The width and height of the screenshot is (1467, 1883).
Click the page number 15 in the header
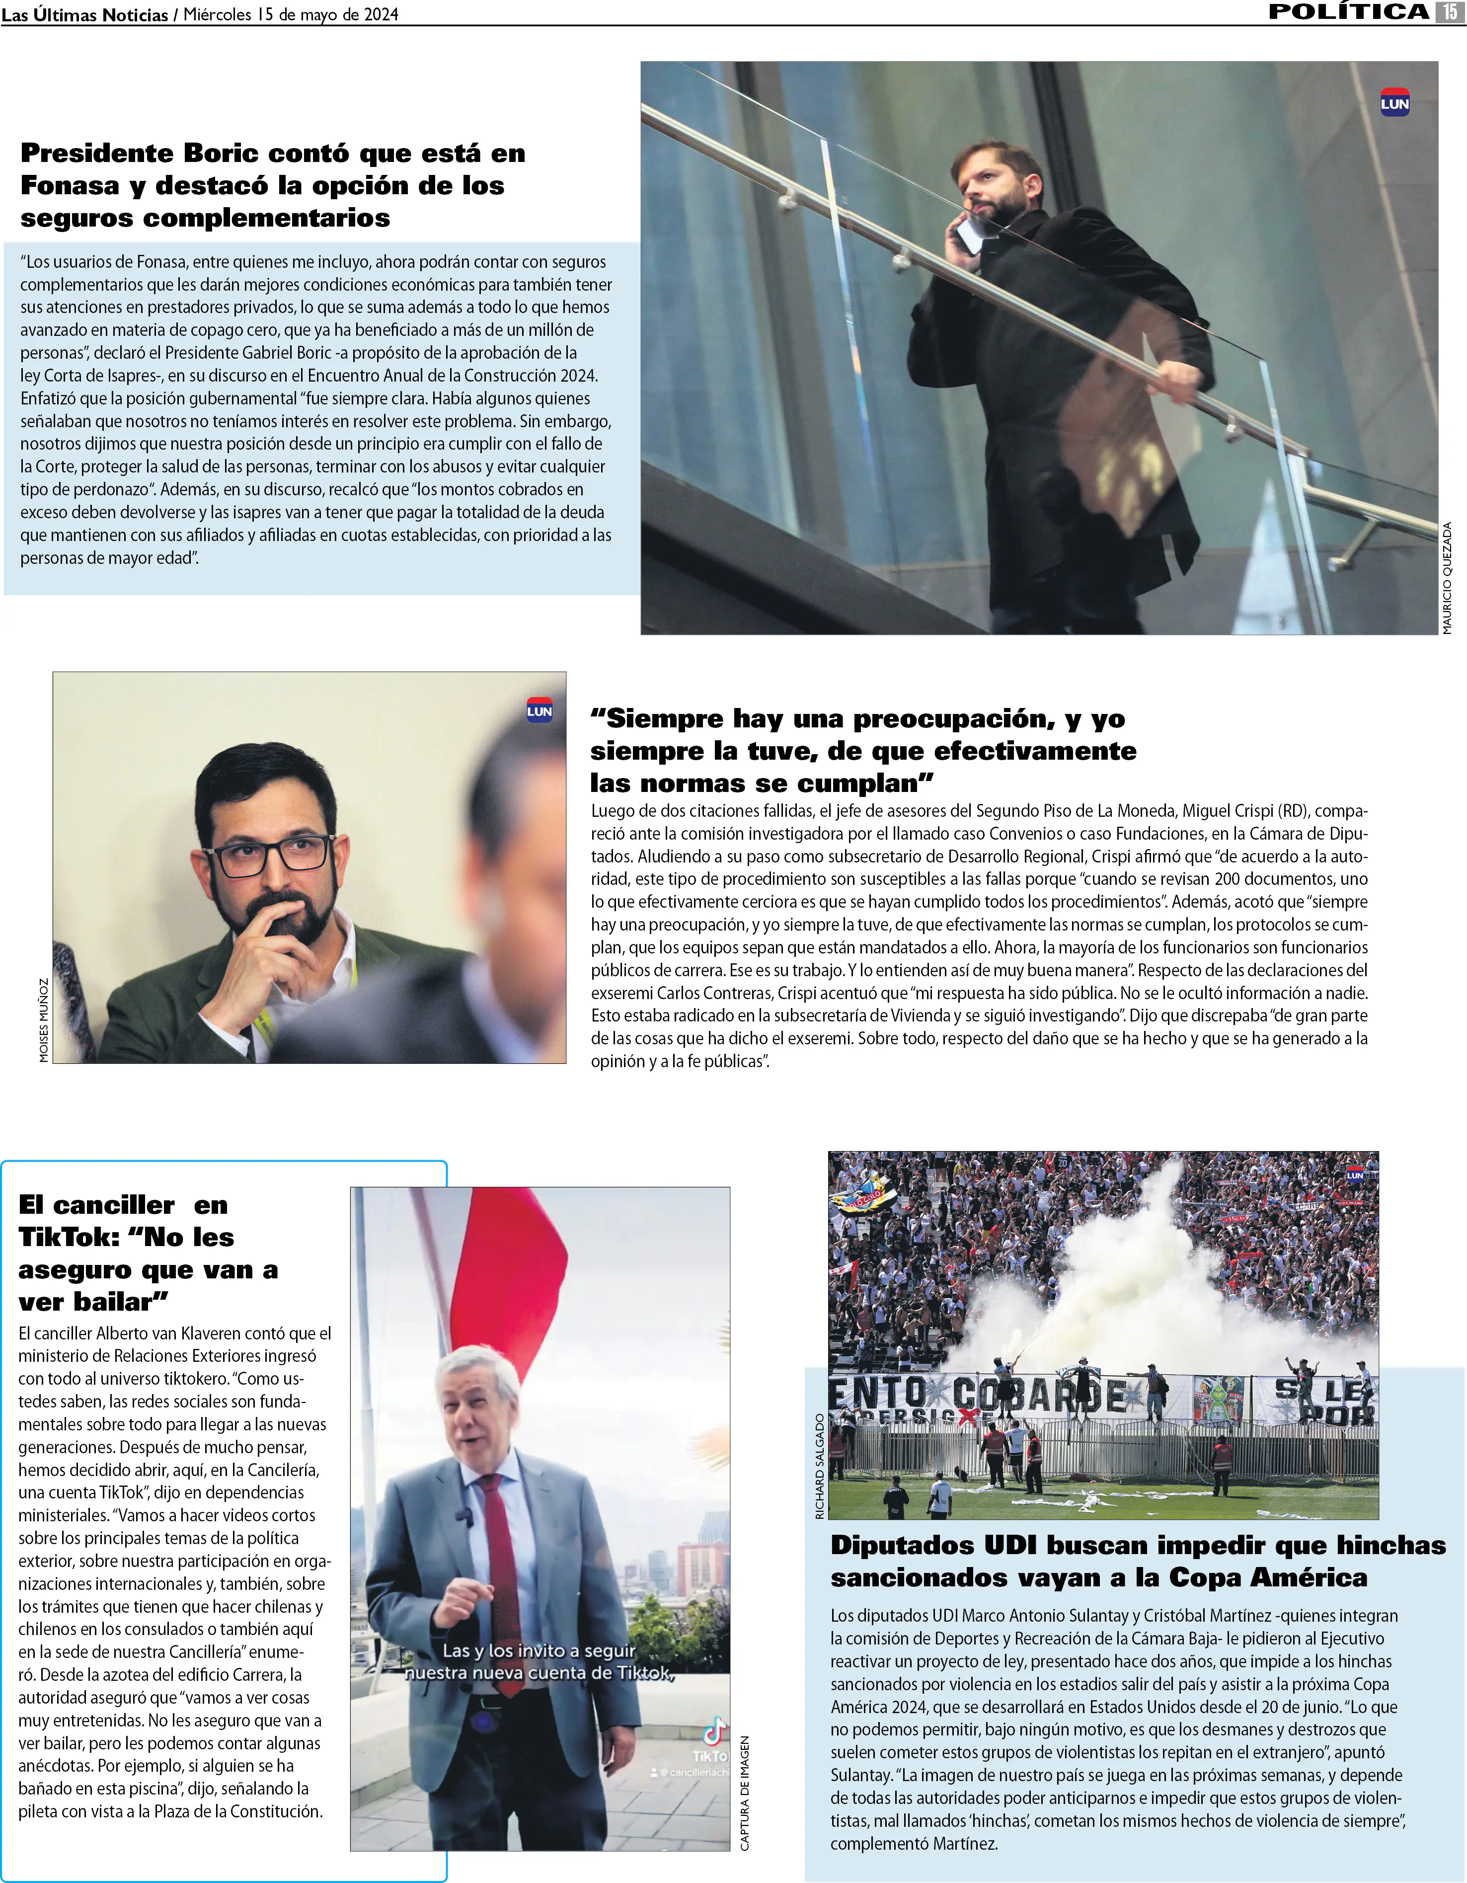(1449, 11)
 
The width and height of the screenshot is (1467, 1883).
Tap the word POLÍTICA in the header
(1348, 11)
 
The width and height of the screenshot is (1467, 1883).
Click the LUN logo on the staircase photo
(1394, 103)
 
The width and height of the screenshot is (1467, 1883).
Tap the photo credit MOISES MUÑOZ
(44, 1020)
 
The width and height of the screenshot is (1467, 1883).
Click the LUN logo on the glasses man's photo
(540, 710)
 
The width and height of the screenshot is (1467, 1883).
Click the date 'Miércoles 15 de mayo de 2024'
(291, 14)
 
